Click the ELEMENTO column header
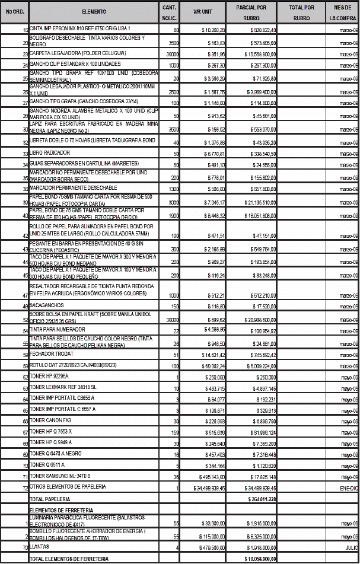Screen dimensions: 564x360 [94, 12]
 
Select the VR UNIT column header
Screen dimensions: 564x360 [202, 12]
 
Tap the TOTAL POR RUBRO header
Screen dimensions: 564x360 [301, 12]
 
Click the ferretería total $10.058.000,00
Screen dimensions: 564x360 [259, 559]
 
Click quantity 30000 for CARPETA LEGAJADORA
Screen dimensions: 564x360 [172, 54]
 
